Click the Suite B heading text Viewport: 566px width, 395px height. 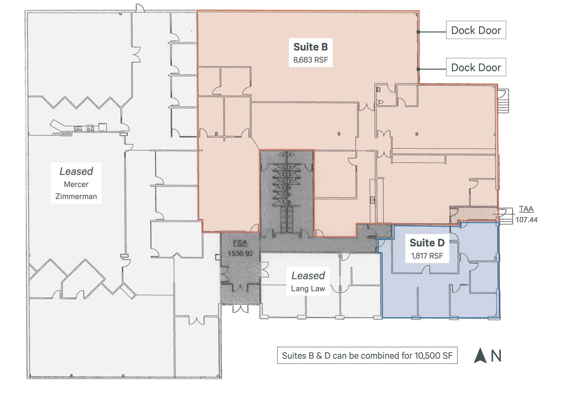pyautogui.click(x=311, y=47)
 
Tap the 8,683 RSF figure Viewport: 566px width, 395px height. pyautogui.click(x=311, y=60)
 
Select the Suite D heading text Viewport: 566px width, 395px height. pyautogui.click(x=427, y=243)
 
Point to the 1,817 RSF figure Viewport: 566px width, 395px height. pyautogui.click(x=427, y=256)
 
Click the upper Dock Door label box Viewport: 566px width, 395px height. pyautogui.click(x=476, y=30)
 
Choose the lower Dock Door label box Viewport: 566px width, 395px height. pyautogui.click(x=476, y=67)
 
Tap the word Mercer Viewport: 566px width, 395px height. pyautogui.click(x=76, y=184)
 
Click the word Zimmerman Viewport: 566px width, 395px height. pyautogui.click(x=76, y=196)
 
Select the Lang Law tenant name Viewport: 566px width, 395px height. pyautogui.click(x=308, y=289)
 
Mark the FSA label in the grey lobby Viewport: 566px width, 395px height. pyautogui.click(x=240, y=243)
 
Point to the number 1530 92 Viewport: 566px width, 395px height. pyautogui.click(x=240, y=254)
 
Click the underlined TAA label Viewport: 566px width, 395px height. pyautogui.click(x=526, y=209)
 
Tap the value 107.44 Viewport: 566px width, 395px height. pyautogui.click(x=526, y=220)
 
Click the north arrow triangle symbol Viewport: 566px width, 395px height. pyautogui.click(x=480, y=356)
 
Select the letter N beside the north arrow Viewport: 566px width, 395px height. pyautogui.click(x=496, y=356)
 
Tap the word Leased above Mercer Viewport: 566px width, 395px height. pyautogui.click(x=76, y=171)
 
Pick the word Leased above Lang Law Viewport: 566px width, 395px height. pyautogui.click(x=308, y=276)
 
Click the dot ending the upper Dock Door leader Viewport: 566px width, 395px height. pyautogui.click(x=418, y=32)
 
